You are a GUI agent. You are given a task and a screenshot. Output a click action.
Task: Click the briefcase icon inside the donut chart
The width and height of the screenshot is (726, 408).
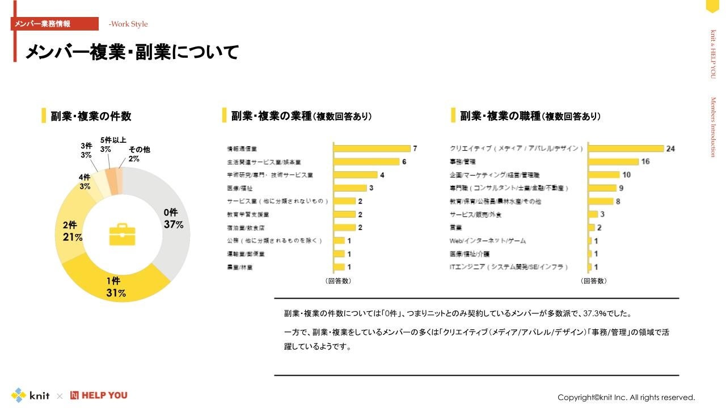point(122,234)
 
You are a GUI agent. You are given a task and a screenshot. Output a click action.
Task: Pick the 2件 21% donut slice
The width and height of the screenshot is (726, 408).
point(71,232)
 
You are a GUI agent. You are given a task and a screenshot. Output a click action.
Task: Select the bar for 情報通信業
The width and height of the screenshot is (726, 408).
point(372,148)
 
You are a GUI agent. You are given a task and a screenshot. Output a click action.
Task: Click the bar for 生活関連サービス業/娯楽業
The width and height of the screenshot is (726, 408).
point(366,161)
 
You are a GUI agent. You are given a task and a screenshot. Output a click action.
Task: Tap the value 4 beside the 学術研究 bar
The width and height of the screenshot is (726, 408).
point(382,175)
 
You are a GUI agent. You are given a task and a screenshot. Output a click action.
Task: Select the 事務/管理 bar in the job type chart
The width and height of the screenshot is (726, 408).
point(613,161)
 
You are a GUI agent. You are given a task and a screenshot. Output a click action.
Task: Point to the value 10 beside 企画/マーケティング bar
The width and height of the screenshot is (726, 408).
point(626,175)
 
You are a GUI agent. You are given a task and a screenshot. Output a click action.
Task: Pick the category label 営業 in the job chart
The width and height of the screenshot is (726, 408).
point(455,227)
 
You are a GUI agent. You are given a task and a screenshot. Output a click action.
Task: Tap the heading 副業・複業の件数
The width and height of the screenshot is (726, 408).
point(91,116)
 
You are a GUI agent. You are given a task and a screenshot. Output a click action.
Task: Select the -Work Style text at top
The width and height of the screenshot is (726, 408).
point(128,24)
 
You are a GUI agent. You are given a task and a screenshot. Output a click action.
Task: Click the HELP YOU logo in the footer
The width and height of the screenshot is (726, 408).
point(99,395)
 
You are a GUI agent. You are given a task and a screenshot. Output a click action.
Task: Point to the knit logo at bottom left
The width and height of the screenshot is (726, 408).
point(31,395)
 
